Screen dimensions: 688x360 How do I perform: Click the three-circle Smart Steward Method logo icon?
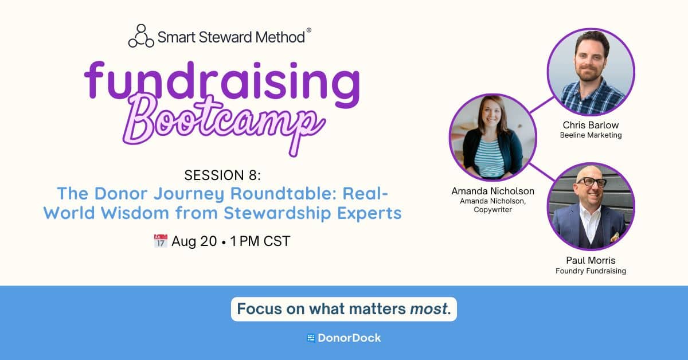(141, 36)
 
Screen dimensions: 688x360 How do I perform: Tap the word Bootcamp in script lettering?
(224, 123)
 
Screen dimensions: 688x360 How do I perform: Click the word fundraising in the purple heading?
(222, 83)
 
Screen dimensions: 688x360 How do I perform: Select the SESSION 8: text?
(222, 175)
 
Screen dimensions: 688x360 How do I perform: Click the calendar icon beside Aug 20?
(161, 241)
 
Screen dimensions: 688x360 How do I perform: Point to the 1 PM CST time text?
(260, 241)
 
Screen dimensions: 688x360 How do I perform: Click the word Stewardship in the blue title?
(277, 213)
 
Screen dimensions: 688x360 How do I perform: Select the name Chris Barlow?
(591, 125)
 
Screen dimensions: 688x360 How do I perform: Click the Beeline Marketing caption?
(591, 135)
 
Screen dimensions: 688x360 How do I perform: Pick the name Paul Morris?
(591, 260)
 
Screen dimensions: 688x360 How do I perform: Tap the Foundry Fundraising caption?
(591, 271)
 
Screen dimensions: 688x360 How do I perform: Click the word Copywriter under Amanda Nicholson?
(492, 210)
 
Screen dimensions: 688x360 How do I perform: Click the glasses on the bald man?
(592, 182)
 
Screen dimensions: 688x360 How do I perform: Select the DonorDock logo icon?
(311, 338)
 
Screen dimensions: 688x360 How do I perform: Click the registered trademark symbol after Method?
(308, 30)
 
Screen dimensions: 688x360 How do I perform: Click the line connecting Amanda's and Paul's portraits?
(542, 172)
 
